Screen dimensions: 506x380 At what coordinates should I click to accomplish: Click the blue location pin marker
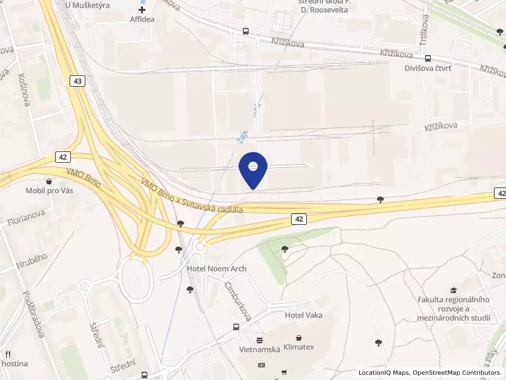click(x=253, y=169)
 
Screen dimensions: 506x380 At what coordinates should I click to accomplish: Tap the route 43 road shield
click(x=77, y=81)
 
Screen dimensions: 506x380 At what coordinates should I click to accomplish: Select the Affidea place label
click(x=142, y=20)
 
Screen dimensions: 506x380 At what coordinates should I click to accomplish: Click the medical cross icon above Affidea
click(x=142, y=9)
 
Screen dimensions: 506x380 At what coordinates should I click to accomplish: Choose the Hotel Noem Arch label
click(x=217, y=269)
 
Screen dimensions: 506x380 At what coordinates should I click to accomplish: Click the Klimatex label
click(x=299, y=348)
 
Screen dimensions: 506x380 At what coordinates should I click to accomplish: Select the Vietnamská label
click(x=259, y=349)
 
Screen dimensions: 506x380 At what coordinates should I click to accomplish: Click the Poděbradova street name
click(x=32, y=322)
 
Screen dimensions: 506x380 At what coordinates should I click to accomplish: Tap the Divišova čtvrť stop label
click(x=428, y=71)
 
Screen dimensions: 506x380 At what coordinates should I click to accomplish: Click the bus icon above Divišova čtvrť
click(x=428, y=58)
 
